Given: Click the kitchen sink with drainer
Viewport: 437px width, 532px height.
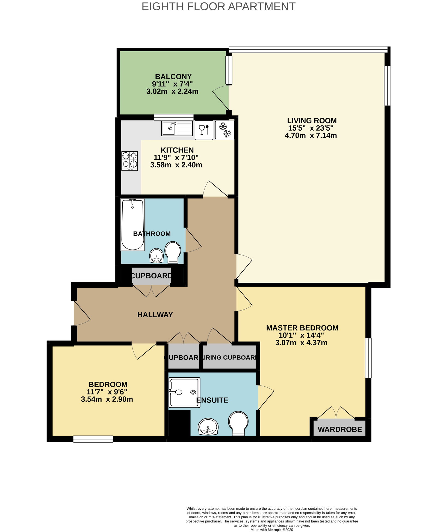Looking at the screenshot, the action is click(x=177, y=128).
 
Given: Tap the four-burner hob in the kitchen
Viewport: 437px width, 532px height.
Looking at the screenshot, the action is click(x=130, y=161).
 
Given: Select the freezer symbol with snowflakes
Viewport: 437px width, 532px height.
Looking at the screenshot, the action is click(x=225, y=130).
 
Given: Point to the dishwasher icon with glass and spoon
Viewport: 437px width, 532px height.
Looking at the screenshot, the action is click(x=204, y=130).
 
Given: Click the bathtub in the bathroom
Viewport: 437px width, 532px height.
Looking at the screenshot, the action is click(x=133, y=225).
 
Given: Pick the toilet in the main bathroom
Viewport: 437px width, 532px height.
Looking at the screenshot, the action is click(x=173, y=252).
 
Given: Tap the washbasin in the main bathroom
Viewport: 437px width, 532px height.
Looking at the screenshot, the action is click(x=157, y=256).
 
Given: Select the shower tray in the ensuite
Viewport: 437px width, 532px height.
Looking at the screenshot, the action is click(x=185, y=392).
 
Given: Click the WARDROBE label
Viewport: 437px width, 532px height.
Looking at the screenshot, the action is click(x=340, y=429).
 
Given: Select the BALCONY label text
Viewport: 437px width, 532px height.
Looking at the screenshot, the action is click(x=173, y=77).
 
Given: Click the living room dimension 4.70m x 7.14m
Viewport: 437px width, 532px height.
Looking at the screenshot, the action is click(x=311, y=135).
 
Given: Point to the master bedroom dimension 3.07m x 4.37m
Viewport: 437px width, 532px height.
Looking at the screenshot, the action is click(x=301, y=343).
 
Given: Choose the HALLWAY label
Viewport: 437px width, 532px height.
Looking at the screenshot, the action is click(x=155, y=315).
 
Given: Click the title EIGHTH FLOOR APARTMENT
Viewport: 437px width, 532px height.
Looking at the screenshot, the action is click(x=218, y=7).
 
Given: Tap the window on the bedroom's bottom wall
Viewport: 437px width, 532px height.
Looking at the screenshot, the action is click(x=93, y=439).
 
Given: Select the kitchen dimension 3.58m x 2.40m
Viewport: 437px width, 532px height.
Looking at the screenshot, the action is click(x=176, y=165).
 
